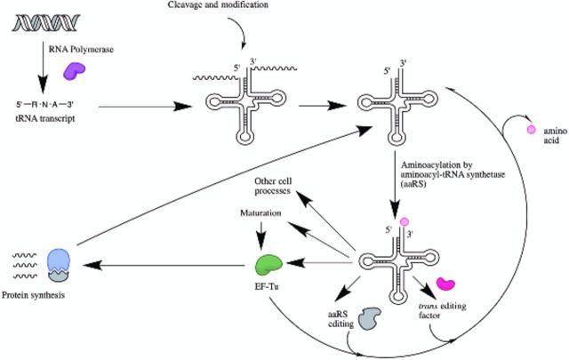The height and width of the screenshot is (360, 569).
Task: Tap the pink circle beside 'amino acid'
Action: click(x=532, y=130)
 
